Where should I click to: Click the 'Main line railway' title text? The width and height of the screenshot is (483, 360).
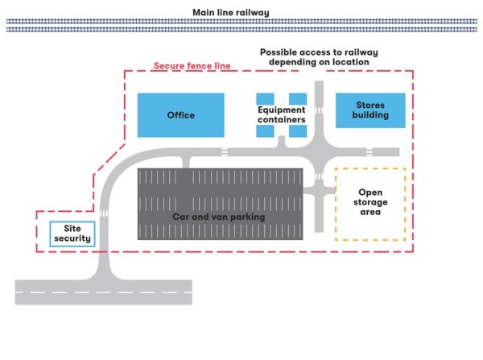point(230,12)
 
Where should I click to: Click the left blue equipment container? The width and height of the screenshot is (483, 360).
point(265,98)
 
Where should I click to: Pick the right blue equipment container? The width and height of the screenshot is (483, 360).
point(298,98)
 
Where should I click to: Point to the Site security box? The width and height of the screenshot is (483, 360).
point(72,234)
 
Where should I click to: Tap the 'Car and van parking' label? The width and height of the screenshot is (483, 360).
point(219,217)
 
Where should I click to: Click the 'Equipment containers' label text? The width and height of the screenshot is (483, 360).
point(281,114)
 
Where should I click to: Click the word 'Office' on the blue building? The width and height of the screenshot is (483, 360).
point(180,115)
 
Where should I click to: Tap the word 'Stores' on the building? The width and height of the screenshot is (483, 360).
point(369,105)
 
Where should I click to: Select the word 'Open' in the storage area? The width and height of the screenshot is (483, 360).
point(369,192)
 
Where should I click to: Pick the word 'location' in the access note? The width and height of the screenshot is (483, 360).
point(349,62)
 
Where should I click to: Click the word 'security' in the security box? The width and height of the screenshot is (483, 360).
point(72,238)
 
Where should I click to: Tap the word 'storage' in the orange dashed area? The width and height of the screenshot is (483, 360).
point(369,202)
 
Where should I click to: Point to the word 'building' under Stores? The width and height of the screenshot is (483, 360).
point(369,115)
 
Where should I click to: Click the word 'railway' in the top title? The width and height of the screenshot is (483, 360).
point(253,12)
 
